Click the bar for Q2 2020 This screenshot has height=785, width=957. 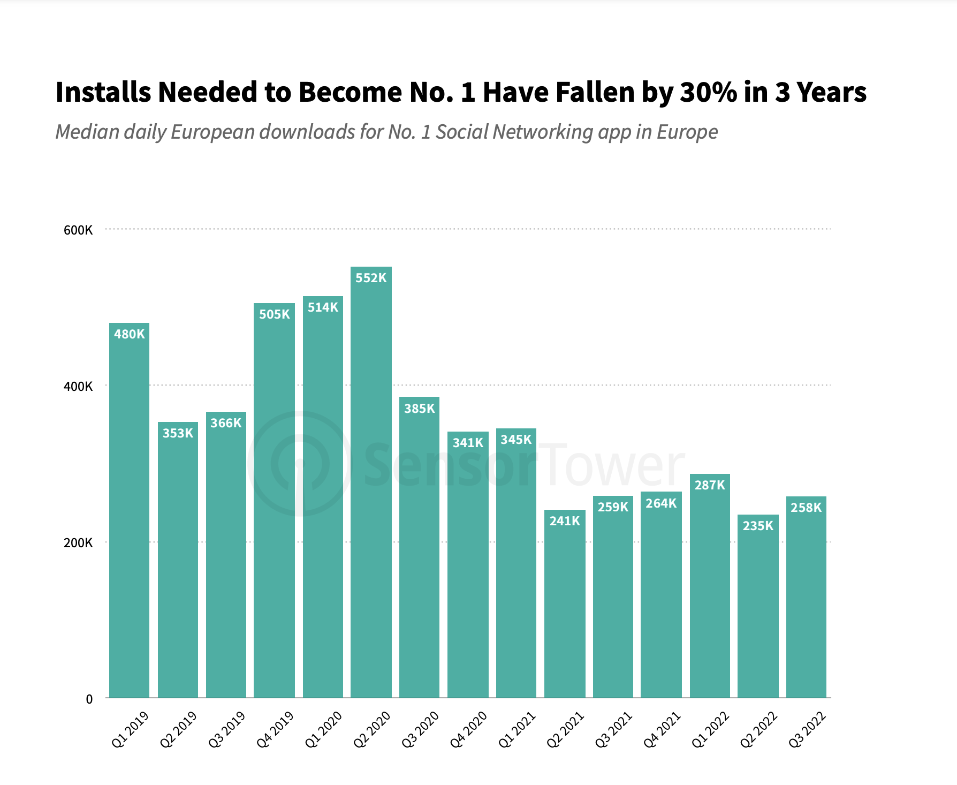[371, 482]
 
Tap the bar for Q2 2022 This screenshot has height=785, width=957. [758, 606]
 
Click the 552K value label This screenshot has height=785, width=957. [371, 278]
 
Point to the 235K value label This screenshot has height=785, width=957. [758, 526]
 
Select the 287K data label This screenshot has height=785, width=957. [710, 485]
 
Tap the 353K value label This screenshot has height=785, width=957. [178, 433]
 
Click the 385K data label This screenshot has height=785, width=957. [420, 409]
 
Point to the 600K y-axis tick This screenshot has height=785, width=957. [78, 230]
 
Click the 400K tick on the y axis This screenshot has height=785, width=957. [78, 387]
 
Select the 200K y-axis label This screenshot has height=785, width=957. [78, 543]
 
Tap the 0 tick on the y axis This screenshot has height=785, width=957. [89, 699]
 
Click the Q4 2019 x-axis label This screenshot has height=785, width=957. [276, 729]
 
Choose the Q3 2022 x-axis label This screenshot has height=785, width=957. [808, 729]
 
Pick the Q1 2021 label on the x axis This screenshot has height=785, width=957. [517, 729]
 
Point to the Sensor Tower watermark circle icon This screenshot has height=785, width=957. [299, 464]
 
